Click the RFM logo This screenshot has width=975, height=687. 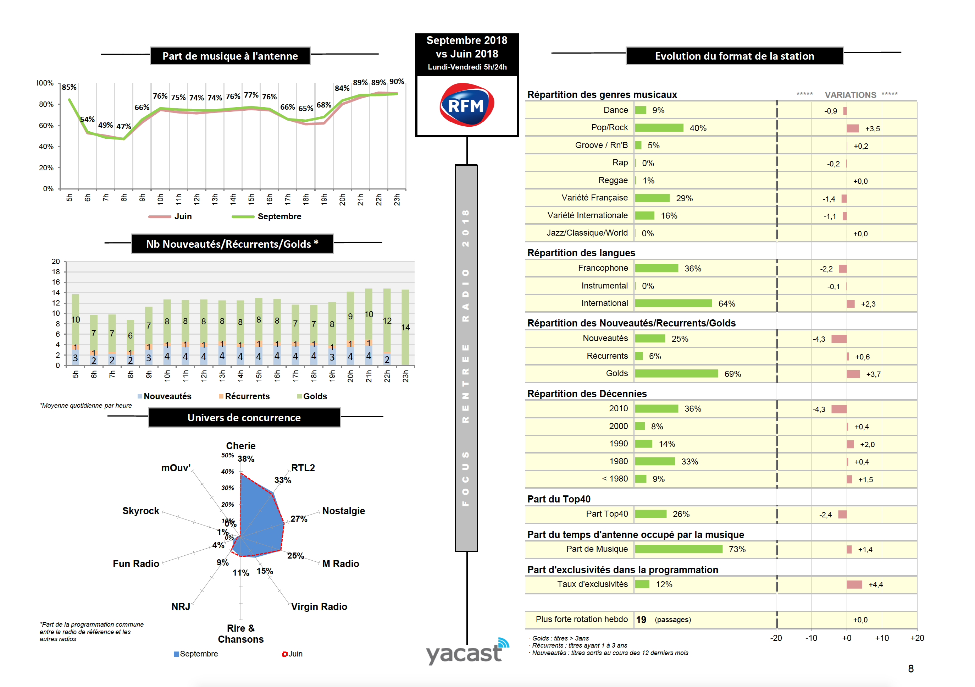point(466,105)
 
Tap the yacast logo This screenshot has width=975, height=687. point(467,651)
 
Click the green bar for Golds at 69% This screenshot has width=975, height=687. point(676,373)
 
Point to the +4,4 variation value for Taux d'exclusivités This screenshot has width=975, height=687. point(875,584)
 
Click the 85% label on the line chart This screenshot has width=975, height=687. point(69,87)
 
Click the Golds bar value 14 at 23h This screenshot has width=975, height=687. point(405,327)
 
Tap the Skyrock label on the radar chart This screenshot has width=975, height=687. point(140,511)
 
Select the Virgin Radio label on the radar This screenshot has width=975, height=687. point(319,606)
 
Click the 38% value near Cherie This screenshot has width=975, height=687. point(246,459)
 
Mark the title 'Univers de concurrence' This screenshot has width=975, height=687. point(244,418)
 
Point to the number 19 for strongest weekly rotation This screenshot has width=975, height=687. point(641,620)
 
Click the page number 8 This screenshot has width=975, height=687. point(910,669)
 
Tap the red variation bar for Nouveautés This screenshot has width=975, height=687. point(839,339)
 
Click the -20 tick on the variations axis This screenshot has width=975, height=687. point(776,638)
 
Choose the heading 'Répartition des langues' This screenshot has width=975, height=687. point(581,253)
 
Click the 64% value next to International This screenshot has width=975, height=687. point(727,303)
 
